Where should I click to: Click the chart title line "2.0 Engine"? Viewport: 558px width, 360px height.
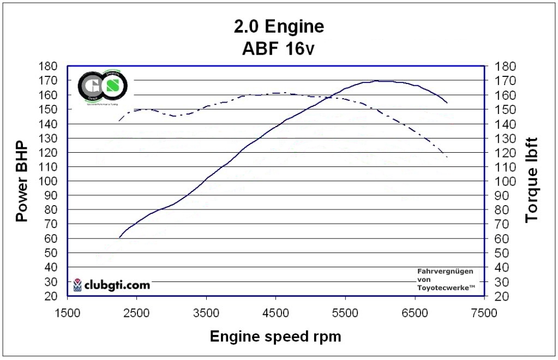[278, 26]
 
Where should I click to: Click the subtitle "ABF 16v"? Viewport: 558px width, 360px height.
[278, 49]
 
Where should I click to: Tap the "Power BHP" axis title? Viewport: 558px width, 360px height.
[21, 181]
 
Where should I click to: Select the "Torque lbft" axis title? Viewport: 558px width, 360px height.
[531, 181]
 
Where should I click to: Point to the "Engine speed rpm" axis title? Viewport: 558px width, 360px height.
[275, 336]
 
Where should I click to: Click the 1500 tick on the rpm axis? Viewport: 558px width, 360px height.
[67, 313]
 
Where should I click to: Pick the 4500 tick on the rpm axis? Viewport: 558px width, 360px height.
[275, 313]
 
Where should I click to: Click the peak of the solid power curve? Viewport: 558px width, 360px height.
[380, 81]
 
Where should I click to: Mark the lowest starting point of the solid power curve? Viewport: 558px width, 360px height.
[119, 237]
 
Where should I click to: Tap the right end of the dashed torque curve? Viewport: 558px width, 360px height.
[447, 157]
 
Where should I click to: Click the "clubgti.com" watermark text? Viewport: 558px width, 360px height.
[118, 285]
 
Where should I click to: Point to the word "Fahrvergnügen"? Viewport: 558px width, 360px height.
[445, 271]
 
